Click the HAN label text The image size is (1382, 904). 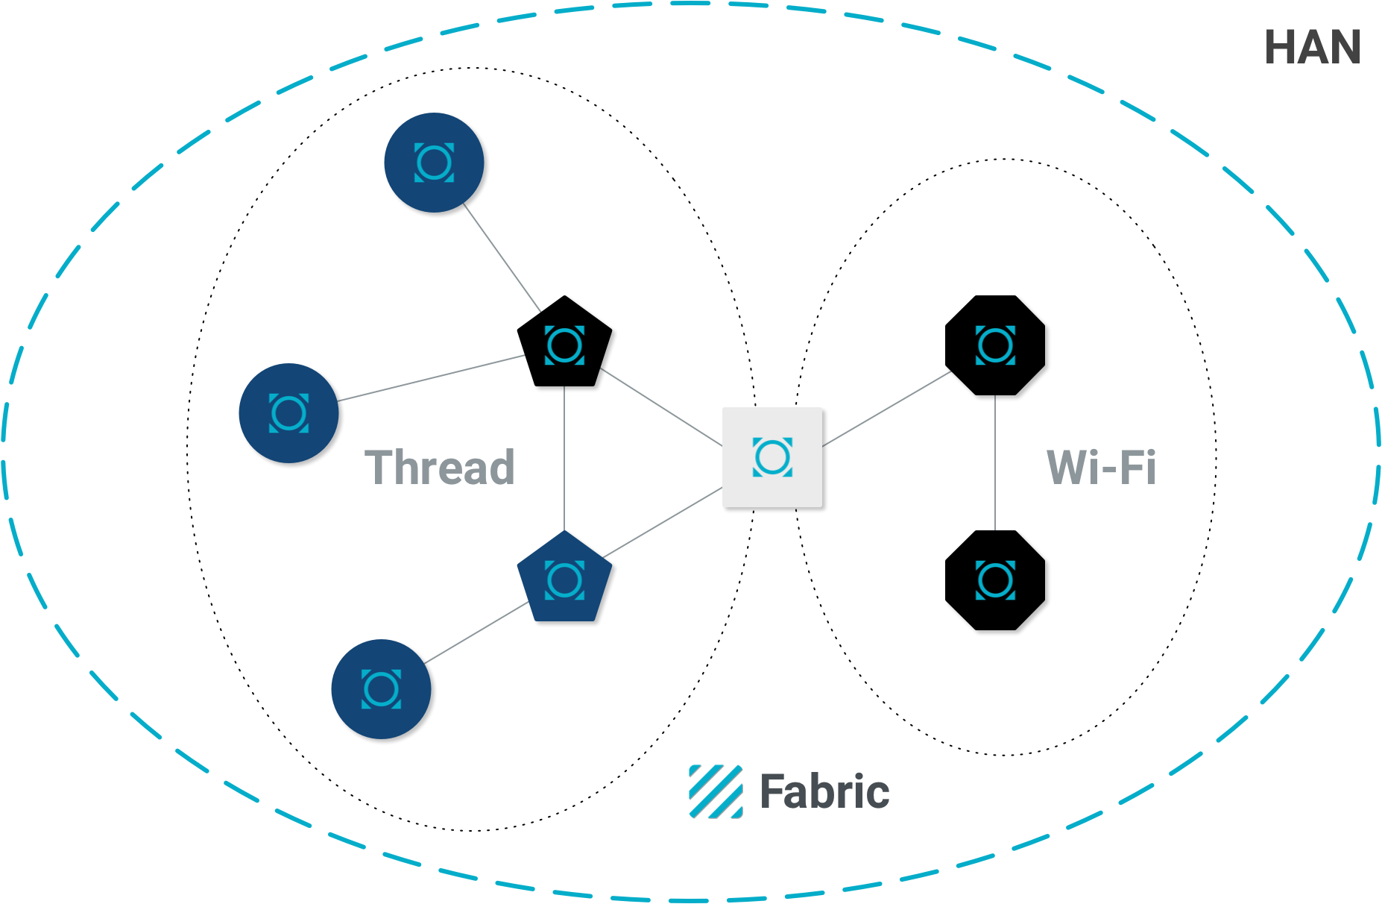pos(1313,48)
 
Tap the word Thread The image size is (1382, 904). pos(440,468)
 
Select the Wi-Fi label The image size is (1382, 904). pos(1101,468)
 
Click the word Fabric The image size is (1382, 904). pos(824,791)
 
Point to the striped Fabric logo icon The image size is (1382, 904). pos(715,791)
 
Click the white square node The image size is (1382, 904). pos(772,457)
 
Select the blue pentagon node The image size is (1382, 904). pos(564,580)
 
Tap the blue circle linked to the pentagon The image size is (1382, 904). pos(381,688)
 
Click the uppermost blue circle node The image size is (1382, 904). pos(434,163)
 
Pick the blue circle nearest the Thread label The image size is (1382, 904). pos(288,413)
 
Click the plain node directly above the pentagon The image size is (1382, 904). pos(564,345)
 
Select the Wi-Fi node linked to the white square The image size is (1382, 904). pos(995,345)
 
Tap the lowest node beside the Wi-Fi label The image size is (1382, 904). pos(995,580)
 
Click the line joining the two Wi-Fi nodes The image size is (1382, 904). pos(995,462)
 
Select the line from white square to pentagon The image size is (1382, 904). pos(662,522)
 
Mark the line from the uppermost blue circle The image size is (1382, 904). pos(502,257)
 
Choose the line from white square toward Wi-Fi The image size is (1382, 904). pos(886,409)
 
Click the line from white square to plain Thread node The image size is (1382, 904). pos(660,407)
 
